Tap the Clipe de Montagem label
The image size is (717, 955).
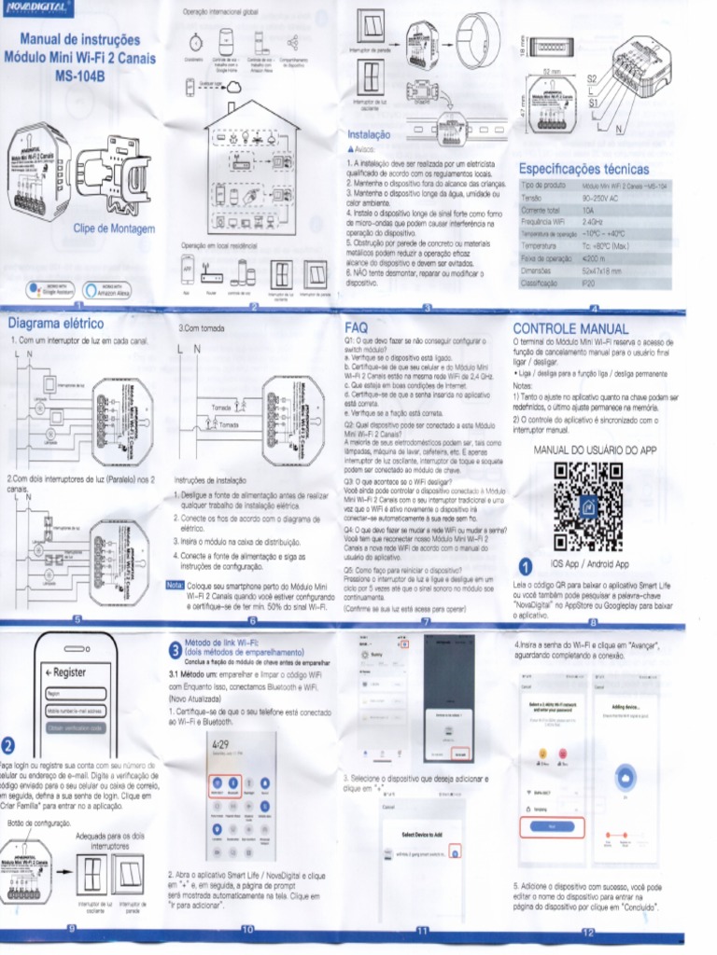[x=107, y=227]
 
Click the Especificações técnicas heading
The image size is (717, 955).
[x=583, y=169]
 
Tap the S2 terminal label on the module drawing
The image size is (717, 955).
[x=592, y=79]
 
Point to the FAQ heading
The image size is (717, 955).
[x=357, y=328]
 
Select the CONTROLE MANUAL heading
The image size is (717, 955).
[x=570, y=329]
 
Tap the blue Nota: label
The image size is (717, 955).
[x=175, y=585]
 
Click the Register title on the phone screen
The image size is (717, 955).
[x=70, y=671]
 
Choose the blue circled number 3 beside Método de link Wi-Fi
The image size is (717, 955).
[x=174, y=650]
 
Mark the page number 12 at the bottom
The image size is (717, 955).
[x=588, y=932]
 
